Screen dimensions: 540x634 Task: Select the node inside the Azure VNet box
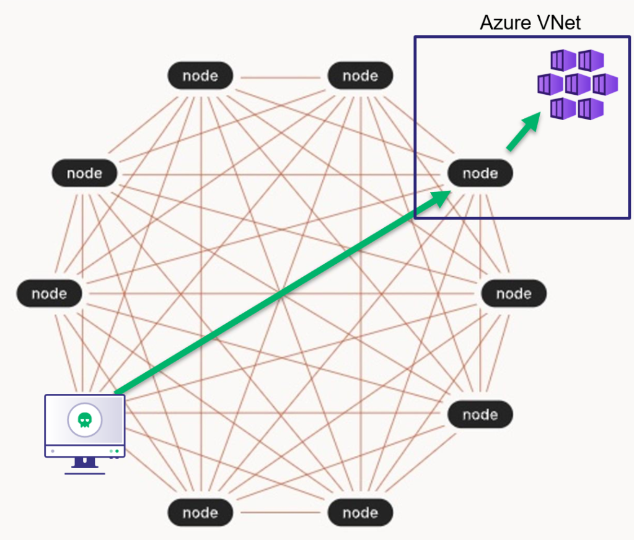[480, 173]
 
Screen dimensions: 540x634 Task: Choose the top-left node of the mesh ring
[200, 76]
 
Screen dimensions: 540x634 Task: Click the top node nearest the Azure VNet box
[360, 76]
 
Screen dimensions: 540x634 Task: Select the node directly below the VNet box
[514, 294]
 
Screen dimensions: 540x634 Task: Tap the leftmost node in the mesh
[49, 294]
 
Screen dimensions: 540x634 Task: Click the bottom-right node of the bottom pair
[360, 513]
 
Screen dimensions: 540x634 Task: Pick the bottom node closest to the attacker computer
[200, 513]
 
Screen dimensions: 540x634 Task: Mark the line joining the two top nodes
[280, 77]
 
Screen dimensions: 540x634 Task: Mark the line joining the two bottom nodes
[280, 513]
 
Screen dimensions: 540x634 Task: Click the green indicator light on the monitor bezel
[117, 451]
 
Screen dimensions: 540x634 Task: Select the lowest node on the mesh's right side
[480, 414]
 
